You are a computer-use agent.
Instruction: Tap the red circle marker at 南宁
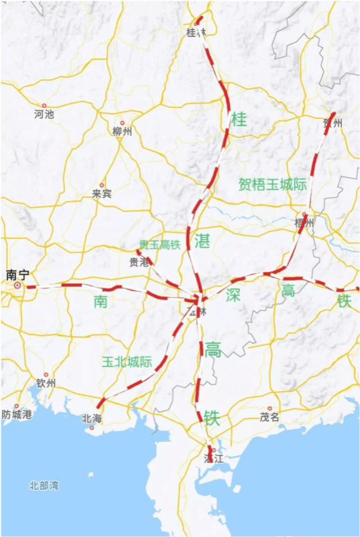pyautogui.click(x=18, y=285)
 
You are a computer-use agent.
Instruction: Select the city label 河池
pyautogui.click(x=44, y=114)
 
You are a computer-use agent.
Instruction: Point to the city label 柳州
pyautogui.click(x=122, y=131)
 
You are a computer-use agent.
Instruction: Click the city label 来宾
pyautogui.click(x=102, y=194)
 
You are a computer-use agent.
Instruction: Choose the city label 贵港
pyautogui.click(x=139, y=262)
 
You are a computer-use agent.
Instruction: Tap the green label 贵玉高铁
pyautogui.click(x=160, y=244)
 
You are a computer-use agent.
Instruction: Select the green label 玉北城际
pyautogui.click(x=127, y=362)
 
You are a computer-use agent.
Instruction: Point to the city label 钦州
pyautogui.click(x=46, y=383)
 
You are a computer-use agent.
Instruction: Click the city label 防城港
pyautogui.click(x=17, y=415)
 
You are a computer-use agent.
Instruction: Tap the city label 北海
pyautogui.click(x=92, y=418)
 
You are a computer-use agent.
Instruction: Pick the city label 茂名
pyautogui.click(x=270, y=417)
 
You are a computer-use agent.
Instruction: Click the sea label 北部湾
pyautogui.click(x=44, y=485)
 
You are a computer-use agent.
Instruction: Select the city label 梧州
pyautogui.click(x=305, y=223)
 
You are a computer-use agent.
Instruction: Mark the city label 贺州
pyautogui.click(x=332, y=123)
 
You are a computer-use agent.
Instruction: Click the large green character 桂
pyautogui.click(x=239, y=119)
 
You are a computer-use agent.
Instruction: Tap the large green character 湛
pyautogui.click(x=202, y=242)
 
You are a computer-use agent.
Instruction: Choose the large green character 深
pyautogui.click(x=233, y=295)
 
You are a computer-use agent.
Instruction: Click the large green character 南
pyautogui.click(x=101, y=302)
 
